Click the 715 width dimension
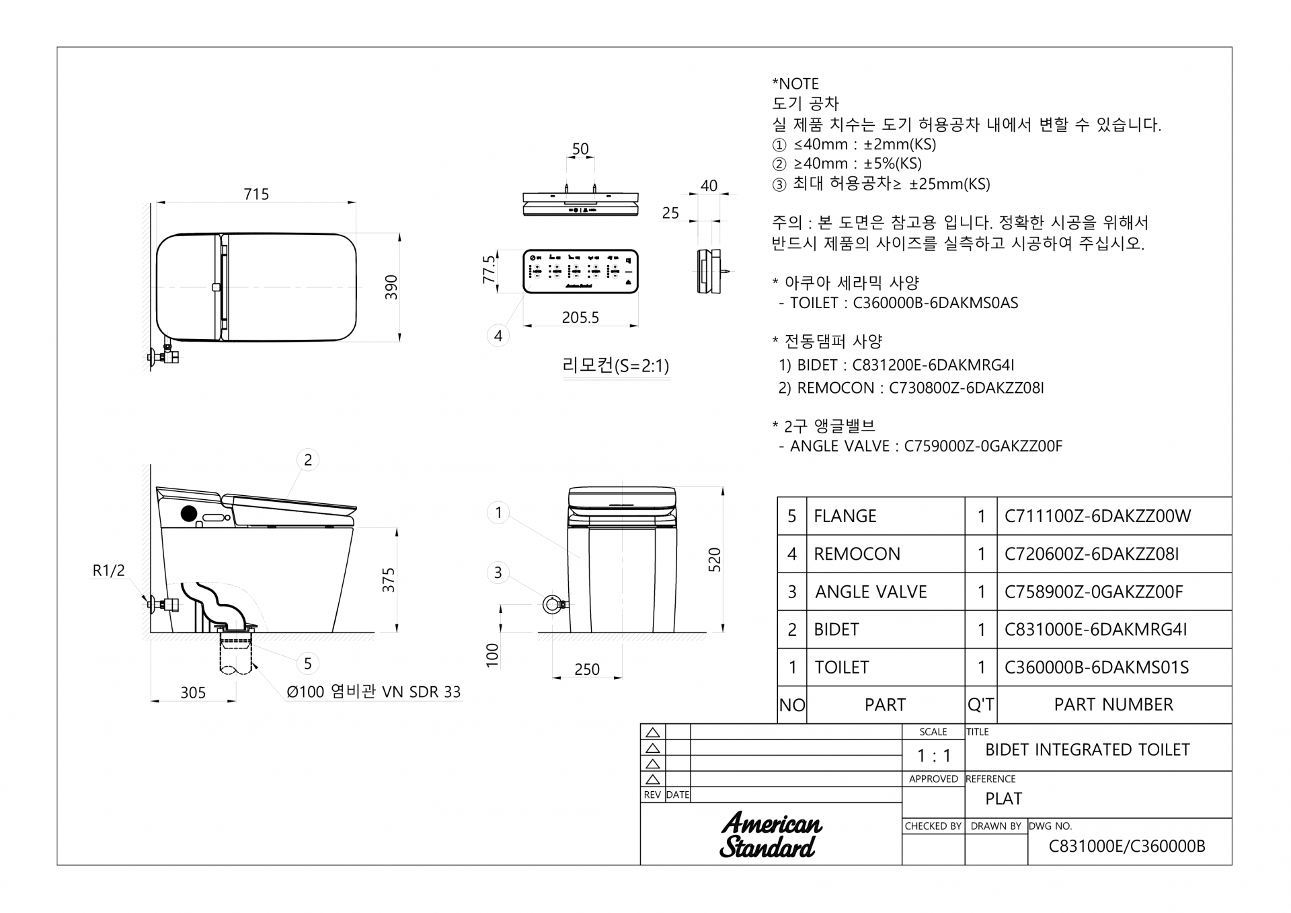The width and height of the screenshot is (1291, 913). pos(256,194)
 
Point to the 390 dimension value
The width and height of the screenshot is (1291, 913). pos(391,287)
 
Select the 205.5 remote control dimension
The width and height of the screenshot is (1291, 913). pos(580,318)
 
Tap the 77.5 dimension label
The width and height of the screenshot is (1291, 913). pos(490,268)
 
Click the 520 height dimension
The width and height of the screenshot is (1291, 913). pos(714,560)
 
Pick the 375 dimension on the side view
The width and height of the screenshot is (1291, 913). pos(389,580)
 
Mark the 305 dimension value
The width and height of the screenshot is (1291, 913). pos(193,693)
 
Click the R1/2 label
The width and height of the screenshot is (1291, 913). pos(109,571)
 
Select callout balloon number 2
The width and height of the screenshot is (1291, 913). pos(308,460)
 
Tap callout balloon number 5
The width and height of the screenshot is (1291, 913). pos(307,664)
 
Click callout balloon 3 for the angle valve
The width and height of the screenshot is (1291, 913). pos(498,573)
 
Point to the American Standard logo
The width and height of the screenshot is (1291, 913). pos(771,835)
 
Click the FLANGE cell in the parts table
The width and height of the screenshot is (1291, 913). pos(845,516)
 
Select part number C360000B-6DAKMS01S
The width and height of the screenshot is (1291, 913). pos(1097,667)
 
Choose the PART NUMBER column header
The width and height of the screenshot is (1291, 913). pos(1113,704)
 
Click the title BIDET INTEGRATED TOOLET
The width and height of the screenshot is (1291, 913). pos(1087,750)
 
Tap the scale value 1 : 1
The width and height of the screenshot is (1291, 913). pos(934,756)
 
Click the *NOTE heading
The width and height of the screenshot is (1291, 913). pos(795,84)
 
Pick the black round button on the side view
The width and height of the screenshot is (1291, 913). pos(189,514)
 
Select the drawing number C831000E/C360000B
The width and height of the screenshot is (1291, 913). pos(1127,846)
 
